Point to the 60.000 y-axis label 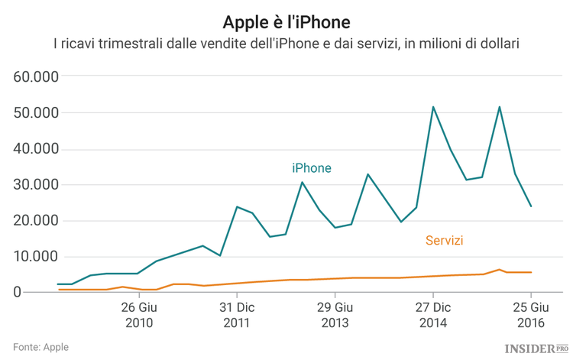coord(38,76)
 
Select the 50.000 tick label coord(38,112)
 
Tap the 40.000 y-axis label coord(38,148)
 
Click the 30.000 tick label coord(38,184)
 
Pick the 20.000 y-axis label coord(38,220)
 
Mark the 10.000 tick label coord(38,256)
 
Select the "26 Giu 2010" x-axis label coord(138,315)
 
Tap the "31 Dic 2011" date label coord(236,315)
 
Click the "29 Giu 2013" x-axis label coord(335,315)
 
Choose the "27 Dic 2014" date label coord(432,315)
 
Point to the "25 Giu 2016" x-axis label coord(531,315)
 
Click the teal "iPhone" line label coord(312,168)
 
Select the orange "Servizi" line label coord(444,241)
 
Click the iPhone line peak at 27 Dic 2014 coord(433,107)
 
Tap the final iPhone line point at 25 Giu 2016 coord(531,206)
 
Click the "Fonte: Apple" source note coord(41,347)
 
